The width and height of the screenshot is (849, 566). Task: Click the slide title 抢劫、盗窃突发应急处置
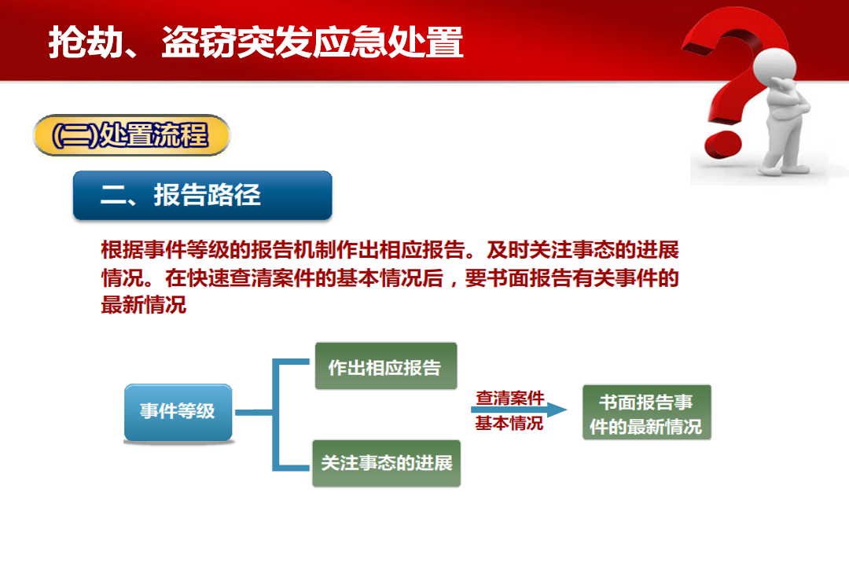pos(255,42)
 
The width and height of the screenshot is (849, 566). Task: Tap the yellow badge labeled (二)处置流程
pos(131,135)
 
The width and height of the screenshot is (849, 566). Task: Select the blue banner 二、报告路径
pos(203,196)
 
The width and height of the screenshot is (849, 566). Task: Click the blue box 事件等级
pos(178,413)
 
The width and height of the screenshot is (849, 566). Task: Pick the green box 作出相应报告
pos(386,366)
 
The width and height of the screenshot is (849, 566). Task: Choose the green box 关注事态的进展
pos(387,463)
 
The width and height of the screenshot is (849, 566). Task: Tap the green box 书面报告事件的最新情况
pos(646,412)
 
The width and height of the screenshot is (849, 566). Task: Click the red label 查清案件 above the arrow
pos(510,398)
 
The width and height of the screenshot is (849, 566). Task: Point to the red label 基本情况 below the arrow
pos(509,423)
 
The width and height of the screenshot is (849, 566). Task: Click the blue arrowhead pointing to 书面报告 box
pos(557,410)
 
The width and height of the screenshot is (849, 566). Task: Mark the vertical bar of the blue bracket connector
pos(276,414)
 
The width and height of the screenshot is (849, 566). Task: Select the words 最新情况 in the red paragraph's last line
pos(144,305)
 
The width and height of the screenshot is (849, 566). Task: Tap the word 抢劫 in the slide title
pos(86,42)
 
